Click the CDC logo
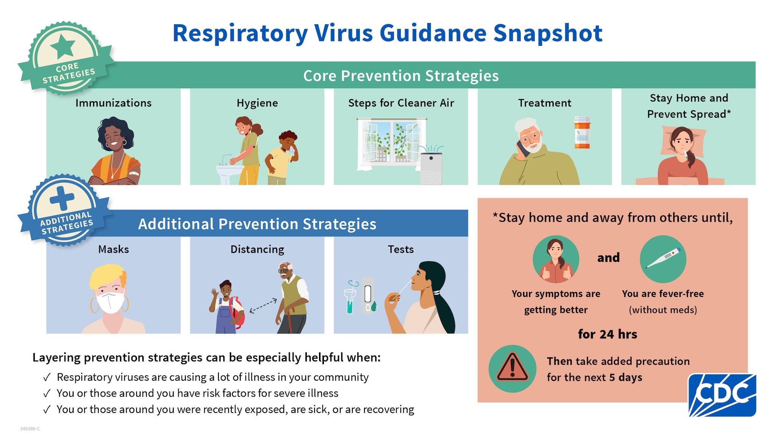coord(722,394)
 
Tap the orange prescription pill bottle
coord(582,133)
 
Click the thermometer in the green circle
coord(663,258)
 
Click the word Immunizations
coord(113,103)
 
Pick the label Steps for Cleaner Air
coord(401,103)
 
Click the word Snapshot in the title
coord(548,33)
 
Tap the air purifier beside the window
coord(431,168)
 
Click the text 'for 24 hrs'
coord(607,334)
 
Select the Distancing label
coord(257,249)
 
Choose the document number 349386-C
coord(30,429)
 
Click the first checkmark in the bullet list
coord(47,377)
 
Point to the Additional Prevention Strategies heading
coord(257,224)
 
